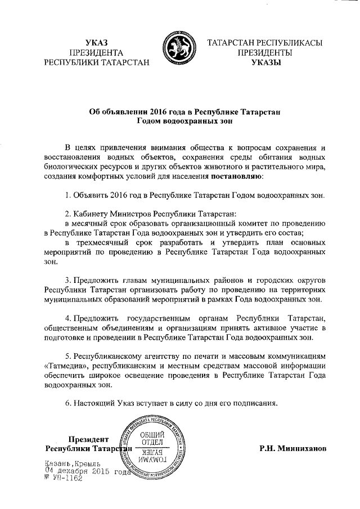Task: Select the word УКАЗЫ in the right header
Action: click(x=265, y=62)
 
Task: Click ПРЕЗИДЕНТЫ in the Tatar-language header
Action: click(x=265, y=52)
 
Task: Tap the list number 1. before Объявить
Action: click(x=66, y=195)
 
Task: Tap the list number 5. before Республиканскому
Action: click(x=66, y=356)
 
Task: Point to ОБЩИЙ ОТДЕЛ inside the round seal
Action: click(x=151, y=438)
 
